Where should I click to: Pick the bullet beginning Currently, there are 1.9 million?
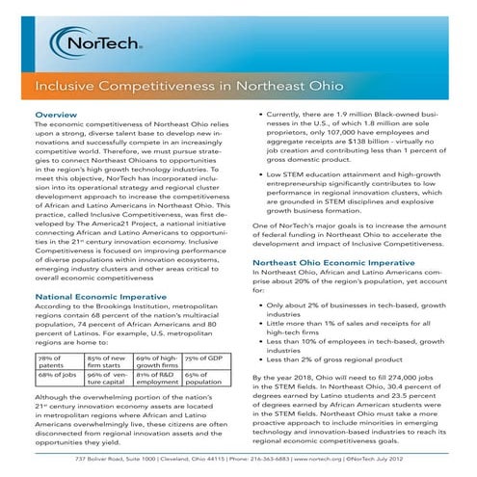pyautogui.click(x=356, y=134)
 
